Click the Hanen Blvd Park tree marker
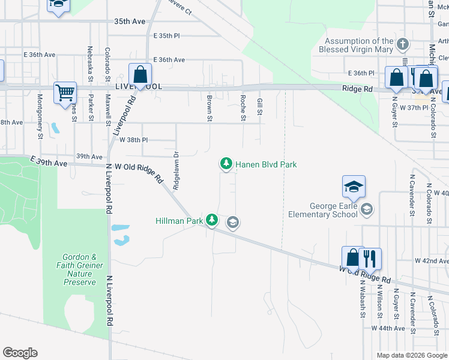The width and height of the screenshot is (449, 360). (x=226, y=163)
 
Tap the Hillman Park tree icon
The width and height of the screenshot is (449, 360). (x=211, y=221)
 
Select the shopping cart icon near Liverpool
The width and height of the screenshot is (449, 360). (x=65, y=93)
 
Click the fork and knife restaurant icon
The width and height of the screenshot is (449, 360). (x=370, y=259)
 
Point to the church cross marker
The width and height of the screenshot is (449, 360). (x=403, y=44)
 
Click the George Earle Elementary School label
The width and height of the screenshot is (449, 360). (x=323, y=210)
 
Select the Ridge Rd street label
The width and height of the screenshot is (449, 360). (x=357, y=89)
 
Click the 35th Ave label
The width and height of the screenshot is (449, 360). (x=130, y=21)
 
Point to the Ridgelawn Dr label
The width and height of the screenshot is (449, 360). (x=176, y=170)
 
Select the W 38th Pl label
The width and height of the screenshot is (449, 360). (x=133, y=140)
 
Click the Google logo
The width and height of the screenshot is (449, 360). (x=20, y=353)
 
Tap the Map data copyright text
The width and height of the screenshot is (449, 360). (x=411, y=355)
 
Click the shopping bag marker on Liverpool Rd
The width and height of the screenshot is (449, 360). (x=140, y=76)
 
